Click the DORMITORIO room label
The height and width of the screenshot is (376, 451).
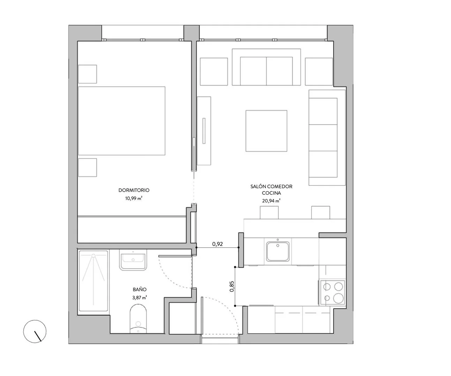(134, 190)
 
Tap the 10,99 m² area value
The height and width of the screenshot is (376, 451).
(134, 198)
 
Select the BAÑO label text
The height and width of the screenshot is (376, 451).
(140, 289)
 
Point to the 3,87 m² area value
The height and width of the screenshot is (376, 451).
(140, 298)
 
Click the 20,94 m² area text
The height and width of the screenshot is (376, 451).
(271, 201)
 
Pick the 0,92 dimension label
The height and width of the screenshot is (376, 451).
(217, 244)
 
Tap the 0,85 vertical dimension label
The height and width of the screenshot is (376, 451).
(232, 286)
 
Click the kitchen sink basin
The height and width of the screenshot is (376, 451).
(278, 252)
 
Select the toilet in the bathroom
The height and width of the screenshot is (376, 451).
(138, 319)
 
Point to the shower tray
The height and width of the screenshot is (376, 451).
(93, 281)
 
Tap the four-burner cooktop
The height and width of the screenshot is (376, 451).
(332, 292)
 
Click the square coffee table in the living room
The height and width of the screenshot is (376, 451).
(266, 131)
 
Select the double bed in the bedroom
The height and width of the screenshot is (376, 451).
(122, 121)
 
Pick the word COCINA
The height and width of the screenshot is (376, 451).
(271, 193)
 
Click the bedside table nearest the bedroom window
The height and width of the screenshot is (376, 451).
(88, 74)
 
